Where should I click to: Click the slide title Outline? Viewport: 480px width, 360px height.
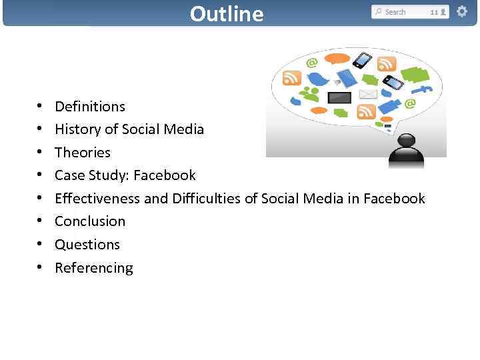pos(227,13)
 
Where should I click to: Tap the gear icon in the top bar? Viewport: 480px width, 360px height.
pos(461,11)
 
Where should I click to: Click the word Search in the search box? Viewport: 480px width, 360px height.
pos(395,12)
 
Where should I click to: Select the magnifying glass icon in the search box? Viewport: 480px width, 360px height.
pos(379,12)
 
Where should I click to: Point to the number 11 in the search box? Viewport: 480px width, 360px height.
pos(434,12)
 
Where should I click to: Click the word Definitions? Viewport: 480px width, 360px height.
pos(90,107)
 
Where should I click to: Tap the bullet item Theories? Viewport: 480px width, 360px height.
pos(83,153)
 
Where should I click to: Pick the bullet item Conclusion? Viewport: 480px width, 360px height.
pos(90,221)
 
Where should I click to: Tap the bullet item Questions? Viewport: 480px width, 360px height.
pos(87,245)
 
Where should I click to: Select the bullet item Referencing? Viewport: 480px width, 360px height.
pos(94,268)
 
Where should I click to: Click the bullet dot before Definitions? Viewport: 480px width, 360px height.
pos(40,107)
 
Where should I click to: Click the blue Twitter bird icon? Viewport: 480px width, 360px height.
pos(318,78)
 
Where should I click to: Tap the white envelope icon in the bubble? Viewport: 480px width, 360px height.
pos(368,94)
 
